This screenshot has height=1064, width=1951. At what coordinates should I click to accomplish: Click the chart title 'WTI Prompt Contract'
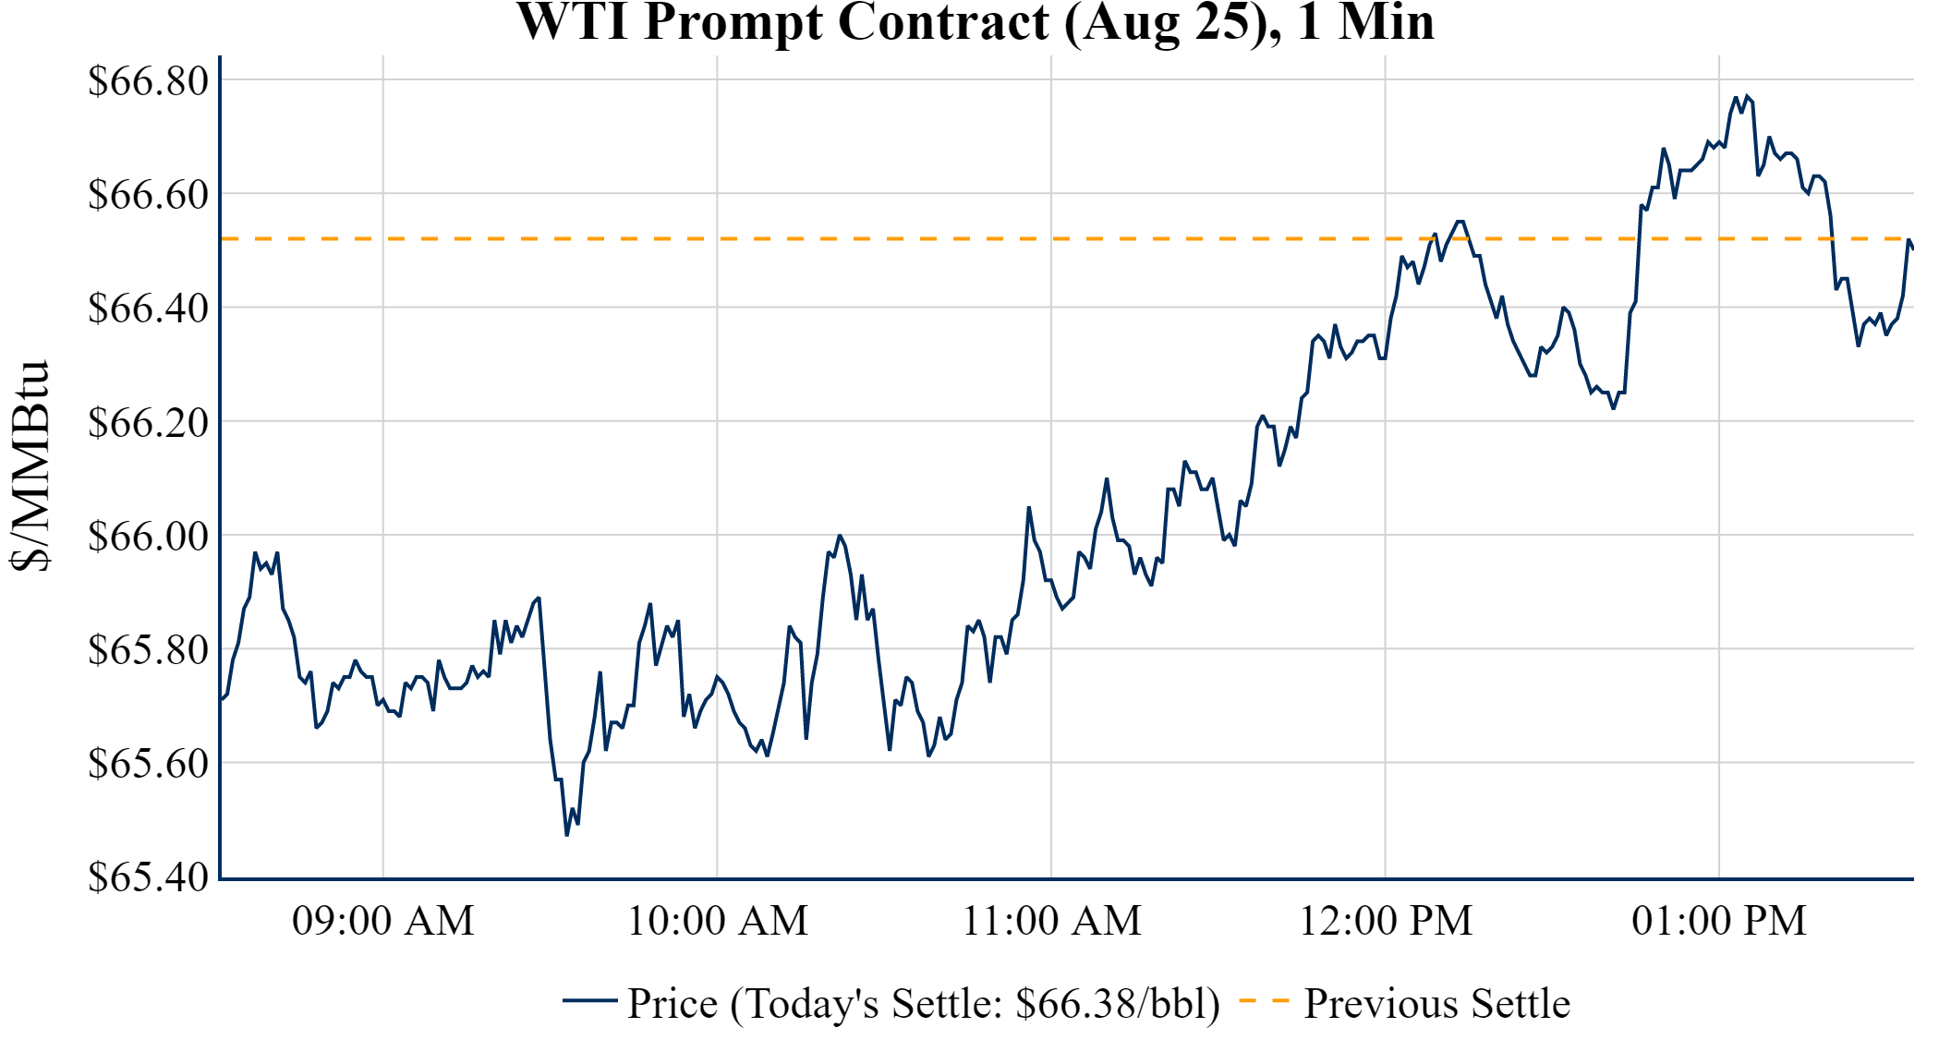pyautogui.click(x=975, y=22)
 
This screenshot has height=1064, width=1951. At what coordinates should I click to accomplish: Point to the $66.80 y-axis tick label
pyautogui.click(x=148, y=81)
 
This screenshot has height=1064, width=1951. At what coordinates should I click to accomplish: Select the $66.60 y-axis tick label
pyautogui.click(x=148, y=195)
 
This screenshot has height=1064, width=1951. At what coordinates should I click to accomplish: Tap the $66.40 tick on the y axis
pyautogui.click(x=148, y=308)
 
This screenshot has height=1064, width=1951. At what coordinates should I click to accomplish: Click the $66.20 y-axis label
pyautogui.click(x=148, y=423)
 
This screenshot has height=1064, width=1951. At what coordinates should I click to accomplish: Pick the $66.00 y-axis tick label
pyautogui.click(x=148, y=537)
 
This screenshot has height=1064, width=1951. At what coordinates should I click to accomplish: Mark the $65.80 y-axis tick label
pyautogui.click(x=148, y=650)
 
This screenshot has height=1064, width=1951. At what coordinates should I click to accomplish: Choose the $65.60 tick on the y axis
pyautogui.click(x=148, y=764)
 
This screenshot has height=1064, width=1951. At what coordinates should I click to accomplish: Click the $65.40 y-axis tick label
pyautogui.click(x=148, y=877)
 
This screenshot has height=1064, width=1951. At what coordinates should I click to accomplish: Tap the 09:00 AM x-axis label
pyautogui.click(x=383, y=921)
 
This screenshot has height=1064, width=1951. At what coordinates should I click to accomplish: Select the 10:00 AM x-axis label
pyautogui.click(x=718, y=921)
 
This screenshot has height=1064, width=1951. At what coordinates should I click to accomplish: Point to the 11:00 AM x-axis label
pyautogui.click(x=1052, y=921)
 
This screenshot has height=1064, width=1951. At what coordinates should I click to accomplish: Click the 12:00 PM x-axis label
pyautogui.click(x=1386, y=921)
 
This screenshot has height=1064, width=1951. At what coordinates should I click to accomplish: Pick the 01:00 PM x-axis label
pyautogui.click(x=1719, y=921)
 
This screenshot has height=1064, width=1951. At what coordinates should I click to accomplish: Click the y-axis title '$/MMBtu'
pyautogui.click(x=30, y=466)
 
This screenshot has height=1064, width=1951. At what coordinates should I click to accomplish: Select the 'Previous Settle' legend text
pyautogui.click(x=1436, y=1004)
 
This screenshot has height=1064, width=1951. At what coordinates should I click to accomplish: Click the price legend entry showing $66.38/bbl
pyautogui.click(x=924, y=1004)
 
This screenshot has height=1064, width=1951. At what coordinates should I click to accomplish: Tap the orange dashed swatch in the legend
pyautogui.click(x=1264, y=1001)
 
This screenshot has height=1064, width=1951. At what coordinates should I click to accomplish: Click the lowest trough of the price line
pyautogui.click(x=567, y=835)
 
